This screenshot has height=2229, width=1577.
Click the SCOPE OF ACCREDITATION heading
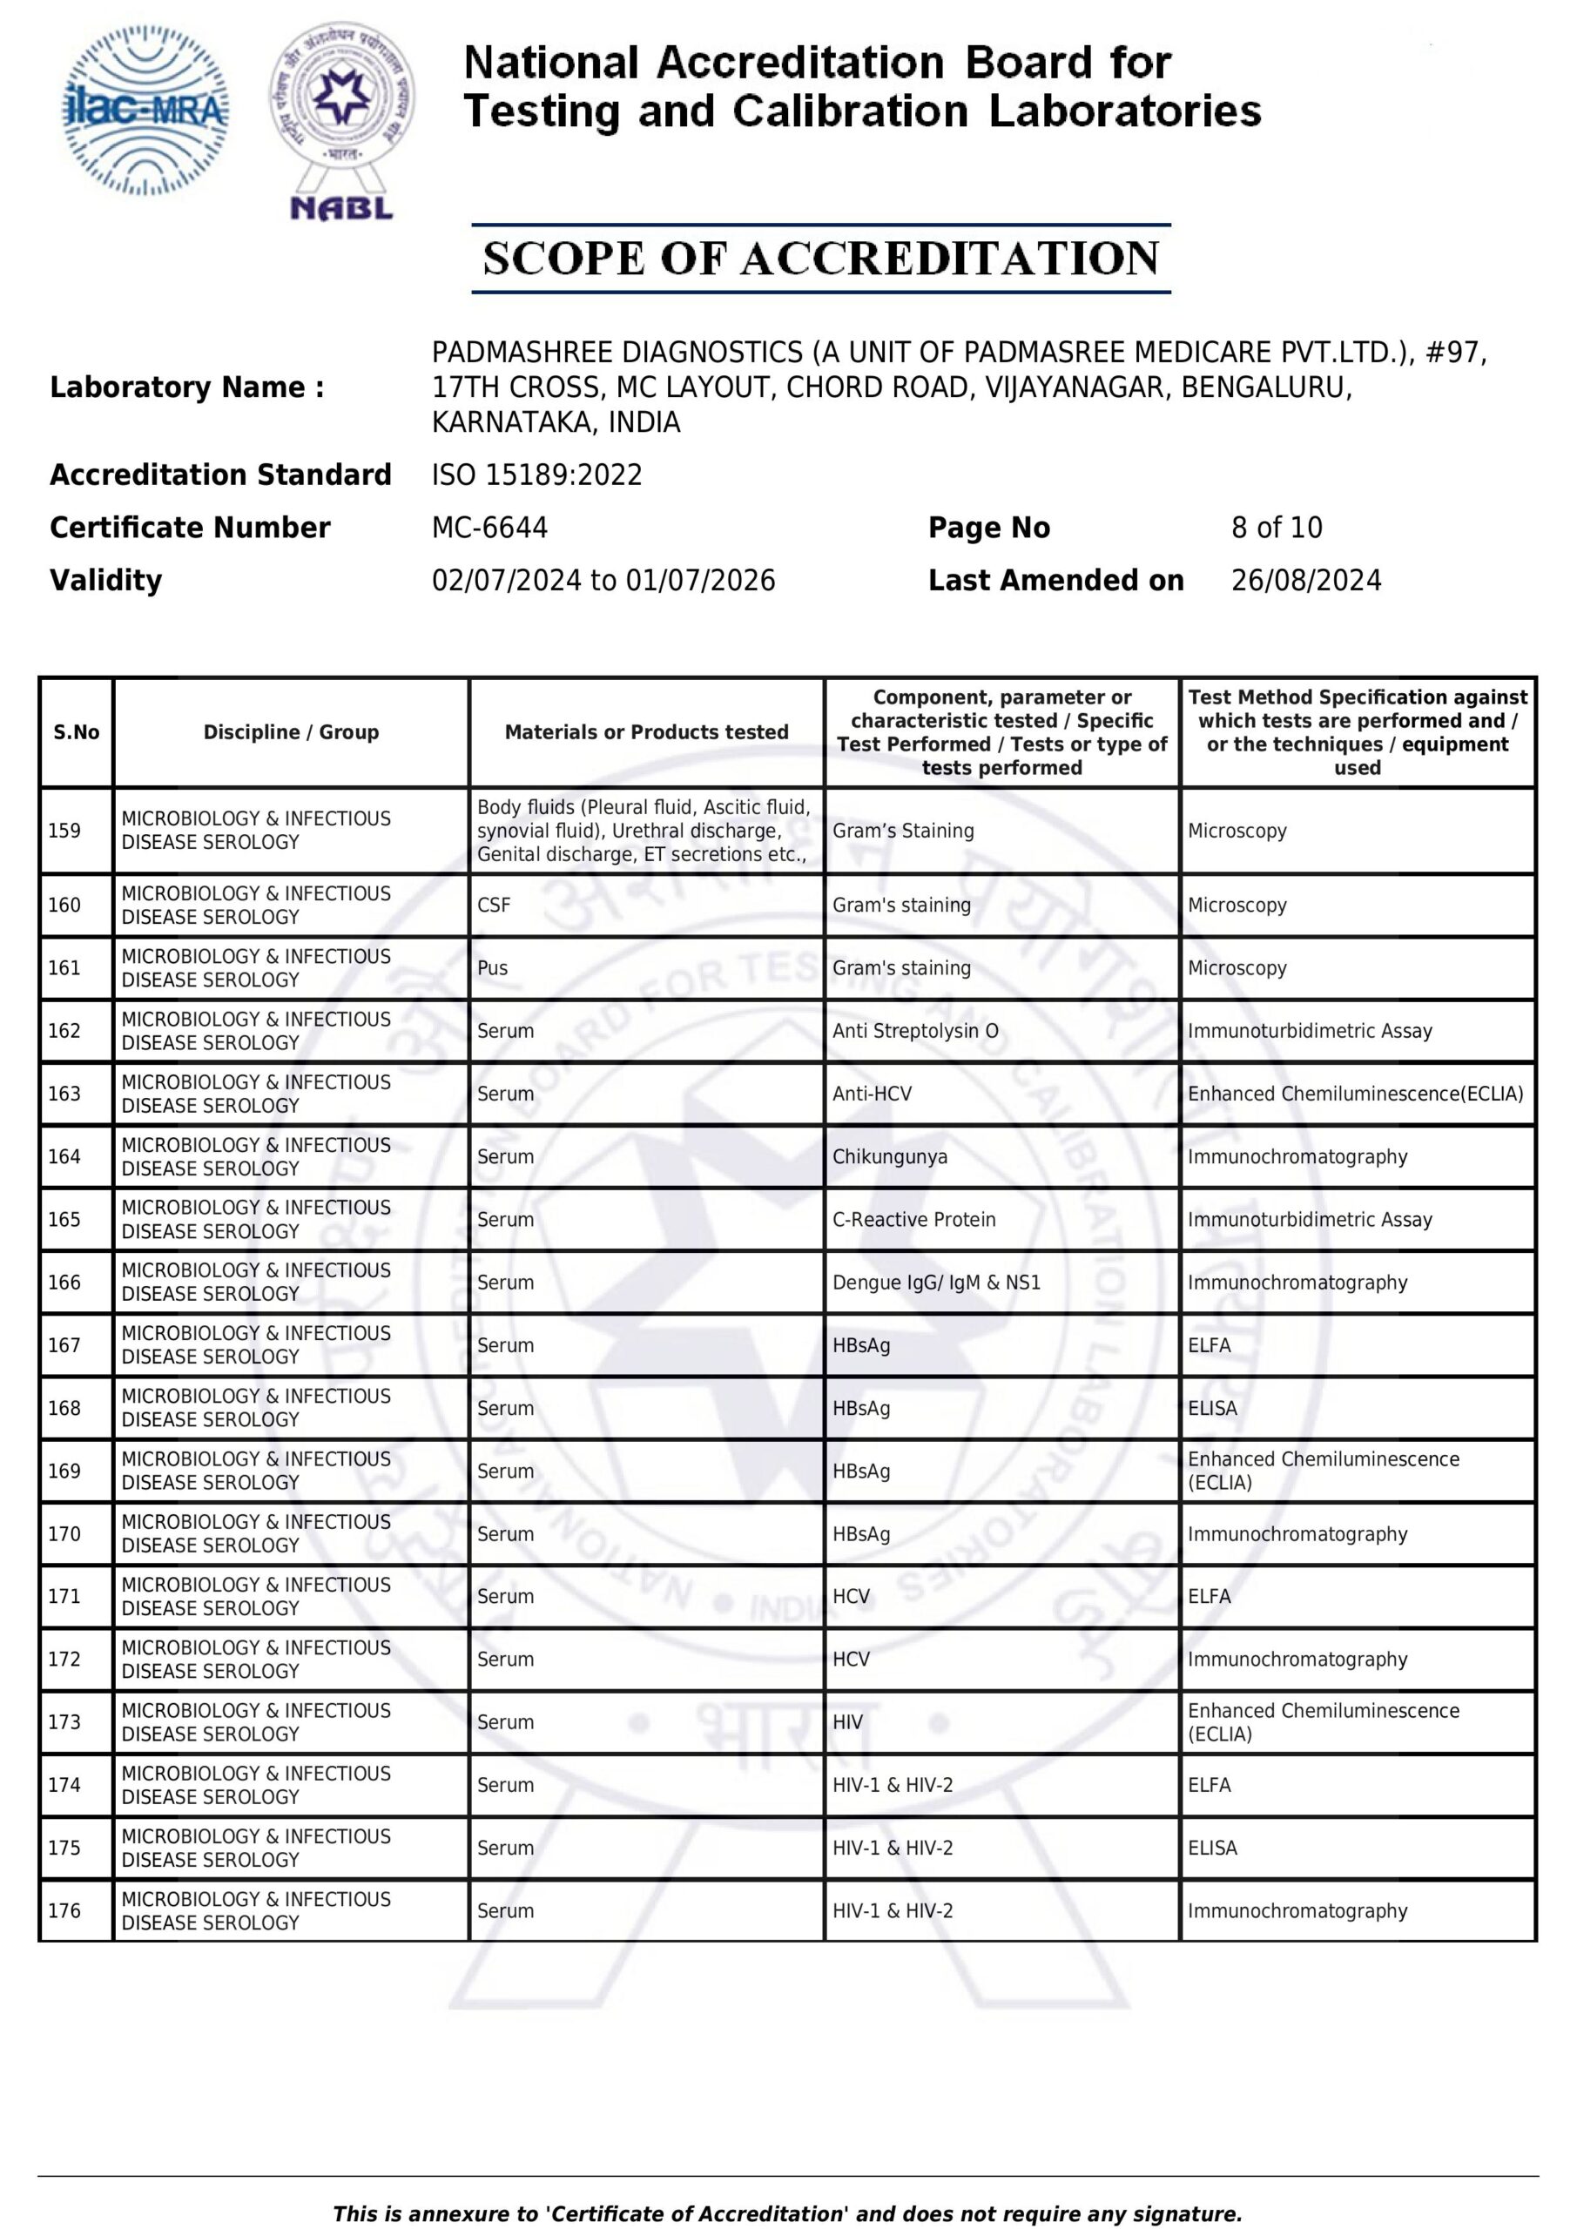820,259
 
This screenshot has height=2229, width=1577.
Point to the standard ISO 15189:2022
536,475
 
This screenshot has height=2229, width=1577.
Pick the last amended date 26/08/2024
1305,581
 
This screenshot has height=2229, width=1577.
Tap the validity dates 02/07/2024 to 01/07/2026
603,581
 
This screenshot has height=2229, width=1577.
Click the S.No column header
76,732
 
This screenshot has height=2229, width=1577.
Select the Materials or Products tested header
646,732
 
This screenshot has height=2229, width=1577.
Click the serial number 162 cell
65,1030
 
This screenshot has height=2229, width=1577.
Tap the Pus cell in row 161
492,968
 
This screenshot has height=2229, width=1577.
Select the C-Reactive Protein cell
913,1219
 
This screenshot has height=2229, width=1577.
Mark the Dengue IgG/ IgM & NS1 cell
936,1283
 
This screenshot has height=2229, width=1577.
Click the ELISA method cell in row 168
1212,1408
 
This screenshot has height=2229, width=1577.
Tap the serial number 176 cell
65,1910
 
